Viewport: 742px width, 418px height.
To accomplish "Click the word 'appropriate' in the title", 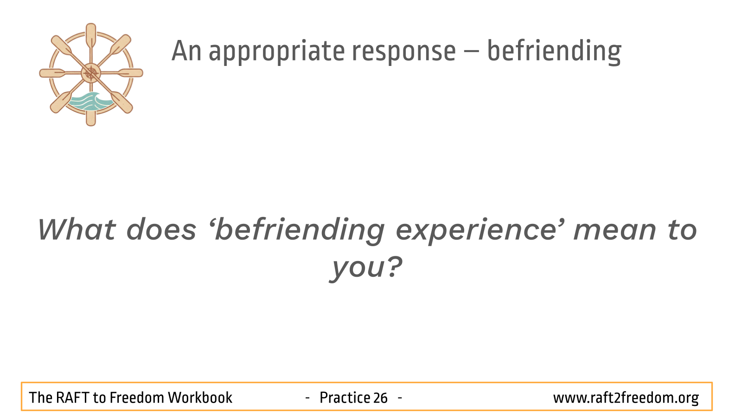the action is tap(277, 52).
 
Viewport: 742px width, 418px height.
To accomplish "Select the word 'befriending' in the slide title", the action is tap(554, 52).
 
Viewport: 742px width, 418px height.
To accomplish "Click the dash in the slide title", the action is tap(472, 52).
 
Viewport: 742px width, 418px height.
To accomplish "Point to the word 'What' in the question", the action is tap(77, 229).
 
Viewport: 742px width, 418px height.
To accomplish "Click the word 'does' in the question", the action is tap(161, 229).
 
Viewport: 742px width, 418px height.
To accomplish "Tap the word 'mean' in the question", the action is tap(614, 230).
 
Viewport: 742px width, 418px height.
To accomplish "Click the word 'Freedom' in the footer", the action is tap(136, 398).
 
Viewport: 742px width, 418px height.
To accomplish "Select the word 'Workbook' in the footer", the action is tap(200, 398).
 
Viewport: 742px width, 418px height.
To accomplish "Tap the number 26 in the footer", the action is tap(380, 398).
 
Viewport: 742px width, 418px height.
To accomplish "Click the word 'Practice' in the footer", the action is tap(345, 398).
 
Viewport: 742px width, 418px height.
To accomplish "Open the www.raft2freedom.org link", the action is tap(626, 398).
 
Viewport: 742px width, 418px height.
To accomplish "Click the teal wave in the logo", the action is tap(90, 102).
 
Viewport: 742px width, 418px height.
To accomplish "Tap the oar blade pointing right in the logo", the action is tap(130, 73).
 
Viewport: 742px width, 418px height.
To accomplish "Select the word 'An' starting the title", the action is tap(186, 51).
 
